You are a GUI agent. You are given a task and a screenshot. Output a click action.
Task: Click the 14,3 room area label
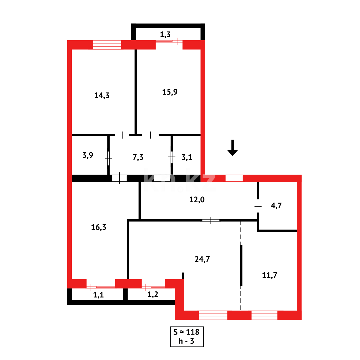point(102,95)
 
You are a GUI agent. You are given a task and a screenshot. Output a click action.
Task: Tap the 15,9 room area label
point(170,92)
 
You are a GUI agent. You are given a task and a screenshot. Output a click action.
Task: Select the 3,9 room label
point(88,155)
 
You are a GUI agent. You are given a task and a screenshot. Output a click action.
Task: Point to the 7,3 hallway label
point(138,157)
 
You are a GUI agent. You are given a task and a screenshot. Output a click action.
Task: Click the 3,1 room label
point(187,157)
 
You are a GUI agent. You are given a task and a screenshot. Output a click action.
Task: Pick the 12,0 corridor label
point(197,200)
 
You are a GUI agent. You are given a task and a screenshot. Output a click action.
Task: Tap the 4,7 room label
point(276,205)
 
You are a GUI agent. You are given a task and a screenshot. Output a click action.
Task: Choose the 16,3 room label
point(98,227)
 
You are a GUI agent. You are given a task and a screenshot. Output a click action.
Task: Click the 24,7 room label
point(202,259)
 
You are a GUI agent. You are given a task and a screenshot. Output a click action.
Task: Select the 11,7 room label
point(269,275)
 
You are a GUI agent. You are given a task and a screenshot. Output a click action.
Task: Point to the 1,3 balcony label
point(165,34)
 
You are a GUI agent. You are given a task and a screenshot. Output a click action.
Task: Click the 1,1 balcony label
point(98,295)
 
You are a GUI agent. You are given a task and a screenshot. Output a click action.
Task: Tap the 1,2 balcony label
point(153,294)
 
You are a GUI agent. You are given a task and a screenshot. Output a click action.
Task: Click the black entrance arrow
point(233,148)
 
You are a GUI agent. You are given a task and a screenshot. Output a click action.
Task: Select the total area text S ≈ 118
point(186,332)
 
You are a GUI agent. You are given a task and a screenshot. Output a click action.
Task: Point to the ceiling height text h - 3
point(186,341)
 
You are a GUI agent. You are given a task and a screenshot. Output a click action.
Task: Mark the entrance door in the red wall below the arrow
point(234,178)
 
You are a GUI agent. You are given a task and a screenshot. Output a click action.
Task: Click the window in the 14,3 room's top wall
point(107,45)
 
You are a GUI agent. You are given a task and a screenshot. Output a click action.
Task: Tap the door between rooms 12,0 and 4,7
point(258,206)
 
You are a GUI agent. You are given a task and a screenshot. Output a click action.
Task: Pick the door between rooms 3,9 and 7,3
point(108,158)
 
